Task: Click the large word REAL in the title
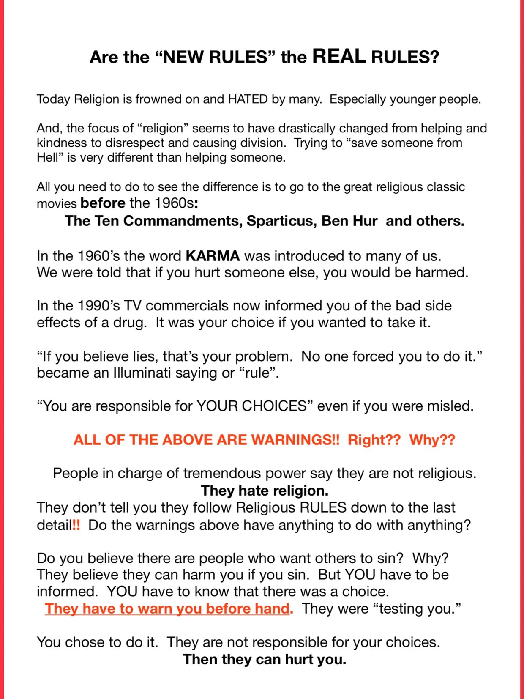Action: point(338,56)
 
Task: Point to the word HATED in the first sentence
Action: point(248,99)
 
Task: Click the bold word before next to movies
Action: point(103,203)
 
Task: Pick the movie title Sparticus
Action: point(281,221)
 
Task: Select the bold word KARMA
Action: point(213,256)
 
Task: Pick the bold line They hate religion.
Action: point(265,491)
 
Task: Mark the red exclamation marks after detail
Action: point(76,525)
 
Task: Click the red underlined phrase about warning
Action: point(169,609)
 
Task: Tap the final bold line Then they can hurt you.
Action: point(265,659)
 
